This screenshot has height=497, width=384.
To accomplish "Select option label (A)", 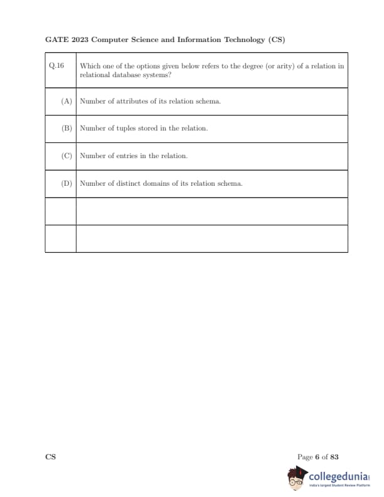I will tap(67, 102).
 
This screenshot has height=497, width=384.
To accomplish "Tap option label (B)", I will tap(67, 129).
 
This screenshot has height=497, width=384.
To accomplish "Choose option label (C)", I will tap(67, 156).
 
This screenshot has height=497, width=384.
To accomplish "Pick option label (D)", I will tap(67, 184).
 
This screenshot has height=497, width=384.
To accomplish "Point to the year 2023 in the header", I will tap(80, 40).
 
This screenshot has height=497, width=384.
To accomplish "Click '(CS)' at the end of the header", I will tap(276, 40).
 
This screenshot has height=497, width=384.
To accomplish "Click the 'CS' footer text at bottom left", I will tap(50, 457).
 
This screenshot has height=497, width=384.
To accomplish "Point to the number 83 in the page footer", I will tap(334, 457).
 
